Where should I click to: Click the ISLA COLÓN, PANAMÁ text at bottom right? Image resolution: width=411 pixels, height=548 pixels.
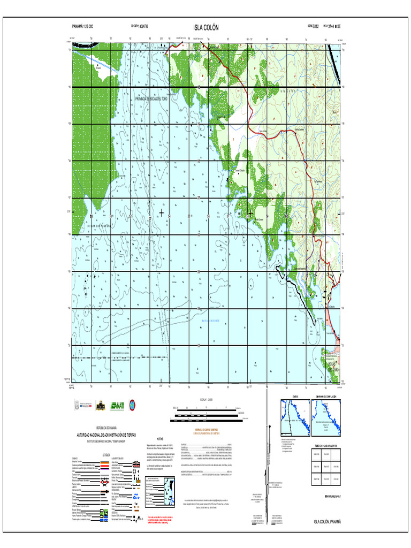click(326, 521)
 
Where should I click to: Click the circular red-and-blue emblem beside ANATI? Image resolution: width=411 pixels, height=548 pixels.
click(132, 405)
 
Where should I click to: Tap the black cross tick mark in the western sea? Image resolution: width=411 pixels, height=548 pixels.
click(161, 213)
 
